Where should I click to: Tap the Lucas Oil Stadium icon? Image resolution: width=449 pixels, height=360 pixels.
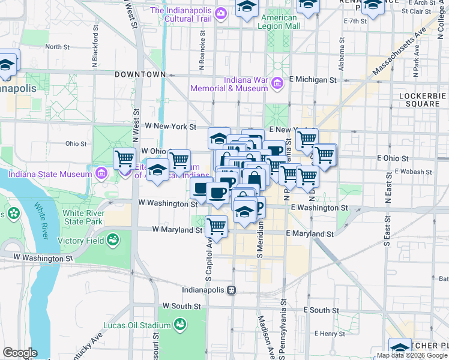click(179, 325)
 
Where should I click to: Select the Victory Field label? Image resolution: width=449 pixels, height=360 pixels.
click(81, 241)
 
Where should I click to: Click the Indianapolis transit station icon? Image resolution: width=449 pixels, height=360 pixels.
click(231, 290)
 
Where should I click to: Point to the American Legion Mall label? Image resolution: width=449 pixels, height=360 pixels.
click(280, 22)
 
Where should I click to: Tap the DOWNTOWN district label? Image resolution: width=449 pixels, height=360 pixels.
click(140, 74)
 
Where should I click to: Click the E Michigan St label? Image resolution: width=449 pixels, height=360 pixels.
click(312, 79)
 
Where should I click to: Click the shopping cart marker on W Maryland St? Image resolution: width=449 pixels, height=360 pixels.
click(216, 227)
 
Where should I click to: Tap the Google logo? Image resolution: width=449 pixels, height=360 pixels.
click(19, 353)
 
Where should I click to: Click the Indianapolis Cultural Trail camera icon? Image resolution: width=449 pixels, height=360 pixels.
click(221, 12)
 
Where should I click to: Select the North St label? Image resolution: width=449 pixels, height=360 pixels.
click(58, 46)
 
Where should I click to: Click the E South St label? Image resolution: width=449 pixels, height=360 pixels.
click(321, 310)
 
